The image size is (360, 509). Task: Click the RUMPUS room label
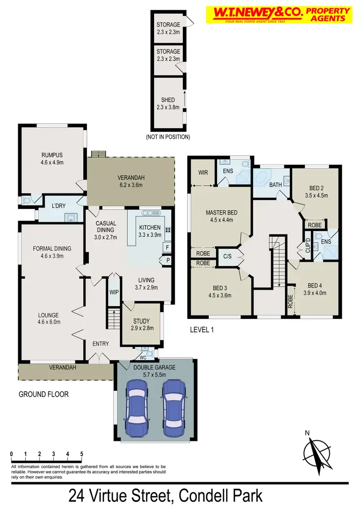point(52,155)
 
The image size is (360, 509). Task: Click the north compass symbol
point(316,451)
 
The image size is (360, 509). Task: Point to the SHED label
point(168,100)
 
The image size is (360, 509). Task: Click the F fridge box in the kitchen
point(167,248)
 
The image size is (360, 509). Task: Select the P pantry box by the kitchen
point(167,261)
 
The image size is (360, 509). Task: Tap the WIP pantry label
point(114,291)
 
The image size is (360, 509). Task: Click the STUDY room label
point(141,321)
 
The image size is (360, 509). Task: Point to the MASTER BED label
point(221,213)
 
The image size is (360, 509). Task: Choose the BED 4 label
point(314,284)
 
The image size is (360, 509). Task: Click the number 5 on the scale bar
point(82,454)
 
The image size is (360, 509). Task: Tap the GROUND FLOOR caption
point(44,394)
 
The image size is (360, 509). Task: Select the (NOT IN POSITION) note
point(168,137)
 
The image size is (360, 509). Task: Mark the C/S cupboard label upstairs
point(227,257)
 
